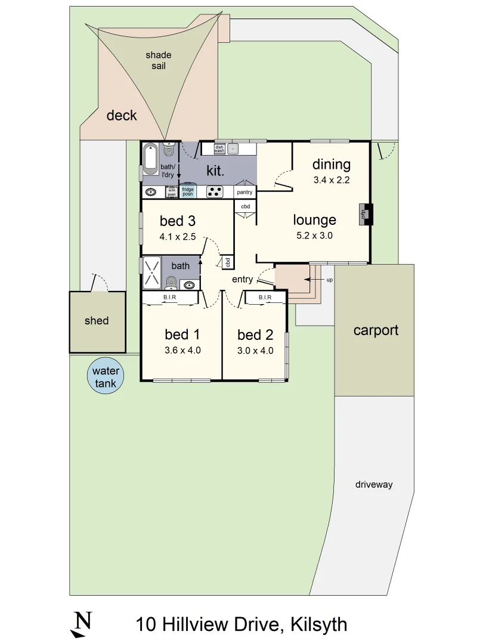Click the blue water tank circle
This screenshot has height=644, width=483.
point(106,377)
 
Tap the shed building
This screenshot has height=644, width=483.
point(97,321)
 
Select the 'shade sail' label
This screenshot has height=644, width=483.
point(158,61)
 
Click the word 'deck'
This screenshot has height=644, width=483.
point(121,115)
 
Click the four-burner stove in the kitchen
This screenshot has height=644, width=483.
point(215,192)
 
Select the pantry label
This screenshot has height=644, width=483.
point(244,193)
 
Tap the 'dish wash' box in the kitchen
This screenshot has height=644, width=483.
point(219,148)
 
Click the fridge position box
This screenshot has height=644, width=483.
point(188,191)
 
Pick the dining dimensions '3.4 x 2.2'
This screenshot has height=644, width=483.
point(332,179)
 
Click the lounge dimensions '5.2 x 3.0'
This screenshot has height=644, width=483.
point(314,236)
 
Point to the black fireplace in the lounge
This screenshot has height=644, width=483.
point(366,215)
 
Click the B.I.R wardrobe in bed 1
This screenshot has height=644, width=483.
point(169,298)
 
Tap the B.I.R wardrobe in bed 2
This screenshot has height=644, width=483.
point(265,298)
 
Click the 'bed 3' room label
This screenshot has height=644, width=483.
point(177,221)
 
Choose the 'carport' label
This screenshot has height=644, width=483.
point(376,330)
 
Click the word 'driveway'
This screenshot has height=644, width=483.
point(374,485)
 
